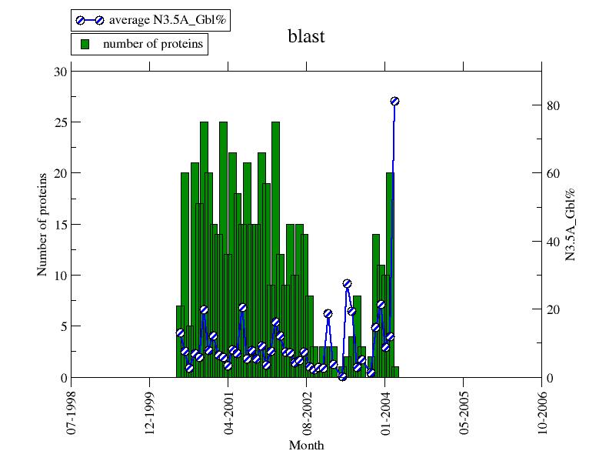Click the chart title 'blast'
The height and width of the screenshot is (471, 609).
coord(307,36)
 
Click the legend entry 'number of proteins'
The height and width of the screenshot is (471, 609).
coord(139,44)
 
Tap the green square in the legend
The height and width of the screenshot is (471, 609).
coord(86,44)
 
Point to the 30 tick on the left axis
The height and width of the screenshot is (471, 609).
coord(61,72)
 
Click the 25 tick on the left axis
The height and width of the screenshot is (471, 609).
coord(61,122)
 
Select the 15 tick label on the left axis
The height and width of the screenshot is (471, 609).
coord(61,225)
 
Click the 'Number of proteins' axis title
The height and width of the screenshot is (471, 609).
coord(42,224)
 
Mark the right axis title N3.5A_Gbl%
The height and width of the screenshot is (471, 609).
coord(571,224)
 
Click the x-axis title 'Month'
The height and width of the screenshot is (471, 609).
coord(306,446)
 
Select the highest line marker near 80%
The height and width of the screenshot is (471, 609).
coord(394,101)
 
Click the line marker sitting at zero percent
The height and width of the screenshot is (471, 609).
coord(342,376)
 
